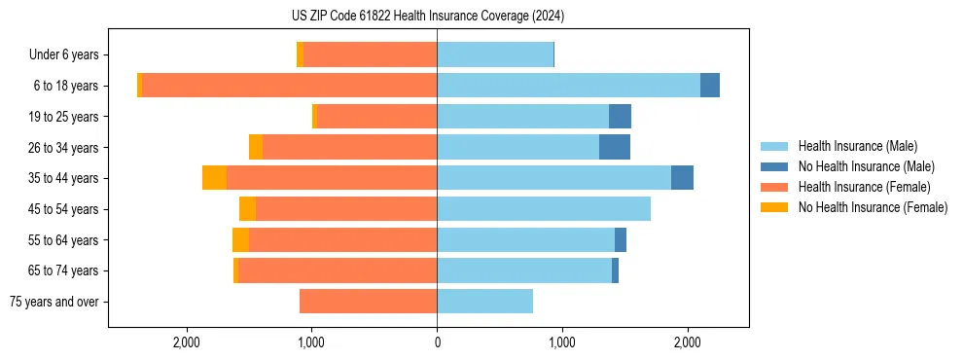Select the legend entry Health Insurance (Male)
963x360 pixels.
[857, 146]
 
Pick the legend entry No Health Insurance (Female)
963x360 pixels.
[872, 207]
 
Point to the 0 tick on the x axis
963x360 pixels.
[437, 342]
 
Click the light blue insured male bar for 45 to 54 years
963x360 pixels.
[544, 209]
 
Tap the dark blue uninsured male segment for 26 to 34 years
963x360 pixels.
[615, 148]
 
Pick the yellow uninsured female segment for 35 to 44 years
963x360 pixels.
[214, 178]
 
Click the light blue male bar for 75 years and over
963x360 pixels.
[484, 302]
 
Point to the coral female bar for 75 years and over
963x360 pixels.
[368, 302]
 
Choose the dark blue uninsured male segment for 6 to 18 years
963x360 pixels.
[710, 86]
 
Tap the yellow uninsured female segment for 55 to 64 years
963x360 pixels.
[240, 240]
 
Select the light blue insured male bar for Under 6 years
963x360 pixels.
[495, 54]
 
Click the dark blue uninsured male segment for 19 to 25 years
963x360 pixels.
[620, 117]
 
